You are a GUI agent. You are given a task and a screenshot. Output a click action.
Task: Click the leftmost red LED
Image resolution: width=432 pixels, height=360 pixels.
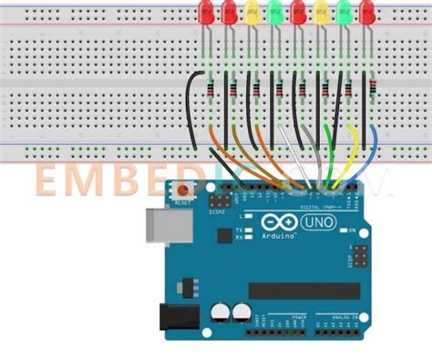[x=207, y=12]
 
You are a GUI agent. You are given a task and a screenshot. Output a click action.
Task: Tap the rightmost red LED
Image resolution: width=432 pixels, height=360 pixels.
[x=367, y=12]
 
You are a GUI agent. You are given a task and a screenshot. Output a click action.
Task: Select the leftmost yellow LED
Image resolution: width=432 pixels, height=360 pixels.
[x=252, y=12]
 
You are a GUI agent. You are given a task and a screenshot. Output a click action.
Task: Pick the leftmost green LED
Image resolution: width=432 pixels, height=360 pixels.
[x=275, y=12]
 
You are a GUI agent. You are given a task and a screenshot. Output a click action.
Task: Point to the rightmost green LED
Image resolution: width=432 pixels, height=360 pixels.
[x=345, y=12]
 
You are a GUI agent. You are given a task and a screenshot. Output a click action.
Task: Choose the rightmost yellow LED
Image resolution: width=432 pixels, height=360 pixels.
[x=322, y=12]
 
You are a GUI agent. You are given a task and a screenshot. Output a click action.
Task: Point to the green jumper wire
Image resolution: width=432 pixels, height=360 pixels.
[x=329, y=146]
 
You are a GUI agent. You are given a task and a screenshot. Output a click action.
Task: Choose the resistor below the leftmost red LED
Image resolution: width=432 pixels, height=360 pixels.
[x=212, y=88]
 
